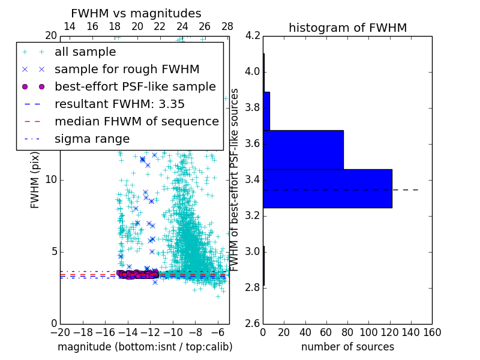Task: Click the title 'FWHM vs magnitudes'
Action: tap(136, 13)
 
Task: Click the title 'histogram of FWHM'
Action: tap(347, 28)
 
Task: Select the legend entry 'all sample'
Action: tap(85, 52)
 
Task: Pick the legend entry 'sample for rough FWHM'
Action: tap(127, 70)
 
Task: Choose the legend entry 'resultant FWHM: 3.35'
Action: tap(124, 104)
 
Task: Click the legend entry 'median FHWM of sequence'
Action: tap(136, 122)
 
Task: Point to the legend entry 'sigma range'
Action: tap(92, 139)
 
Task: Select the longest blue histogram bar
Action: tap(327, 188)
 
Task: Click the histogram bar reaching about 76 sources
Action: tap(303, 150)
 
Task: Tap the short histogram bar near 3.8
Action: tap(266, 111)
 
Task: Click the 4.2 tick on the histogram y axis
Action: tap(253, 36)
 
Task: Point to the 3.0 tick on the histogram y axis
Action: tap(253, 251)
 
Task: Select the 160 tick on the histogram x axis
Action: tap(431, 332)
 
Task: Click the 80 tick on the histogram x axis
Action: tap(347, 332)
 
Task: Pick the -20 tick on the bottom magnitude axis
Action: tap(60, 332)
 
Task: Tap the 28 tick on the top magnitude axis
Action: tap(227, 26)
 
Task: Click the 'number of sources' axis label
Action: tap(347, 347)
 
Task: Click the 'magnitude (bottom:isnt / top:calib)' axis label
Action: tap(145, 347)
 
